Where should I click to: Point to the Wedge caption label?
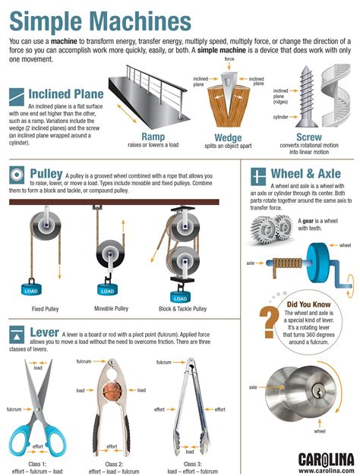(228, 138)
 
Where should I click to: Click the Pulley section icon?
(15, 175)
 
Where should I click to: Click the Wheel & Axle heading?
(312, 175)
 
